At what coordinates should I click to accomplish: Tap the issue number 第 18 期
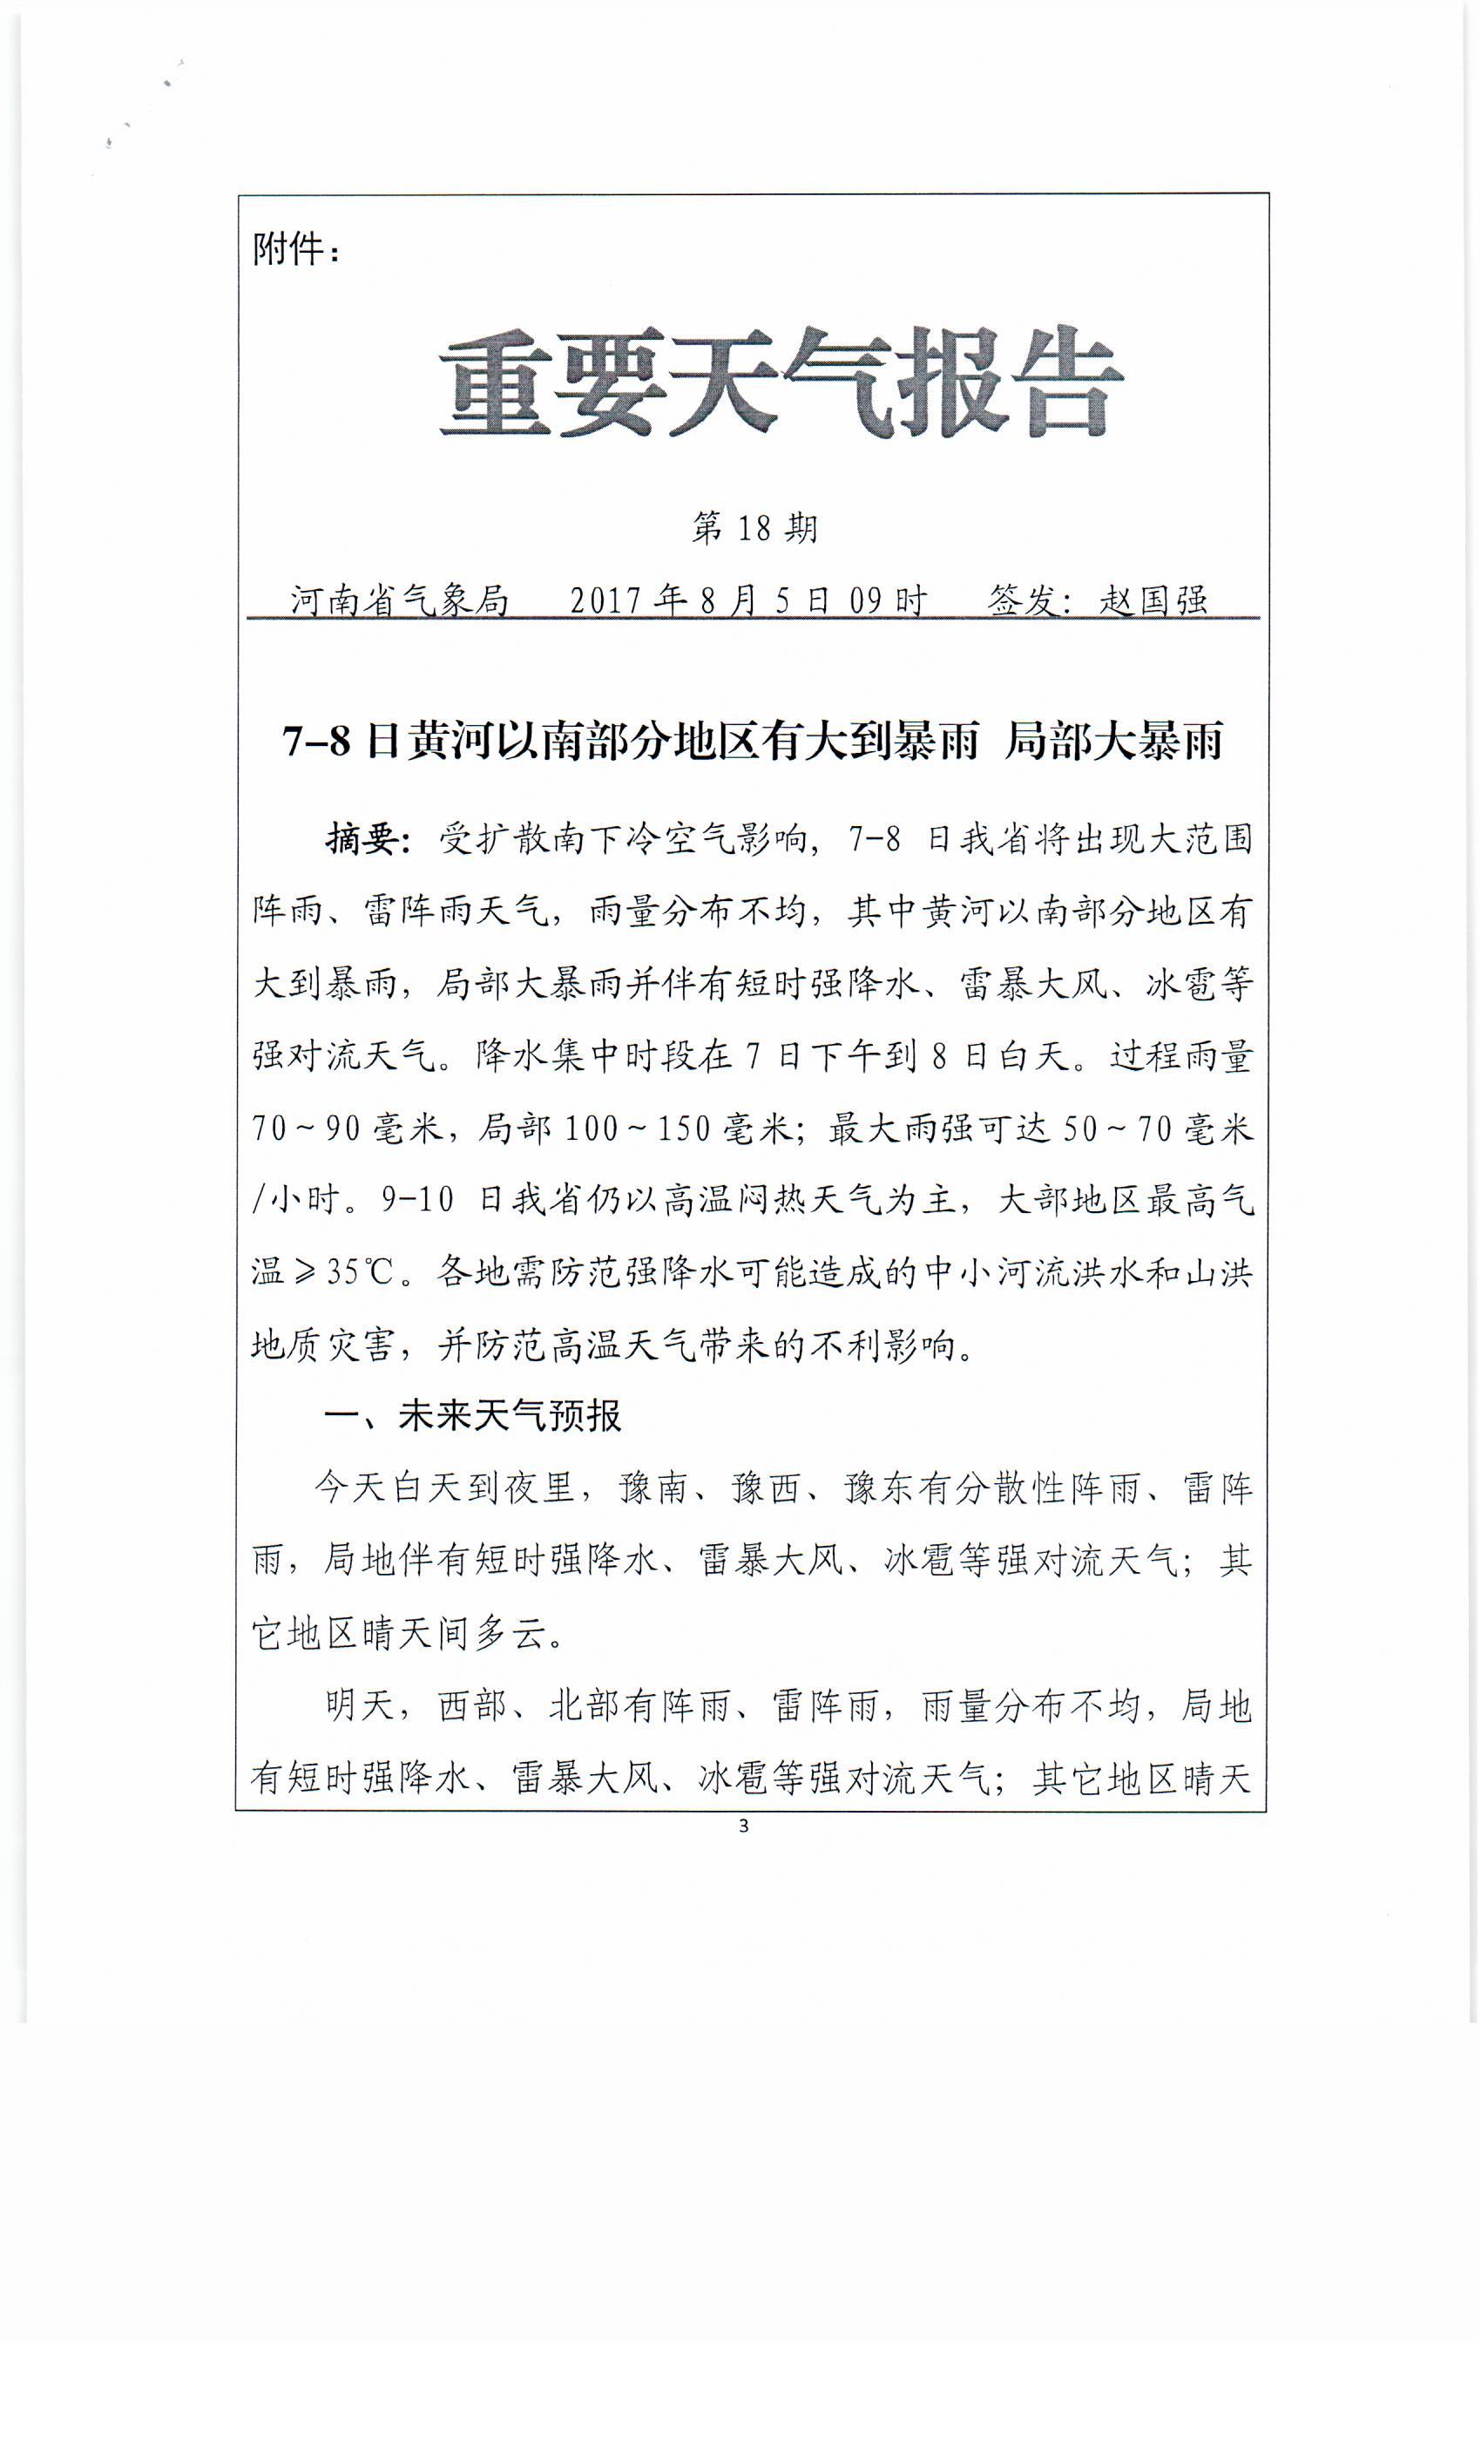pyautogui.click(x=754, y=528)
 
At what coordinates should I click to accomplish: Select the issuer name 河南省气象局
pyautogui.click(x=399, y=600)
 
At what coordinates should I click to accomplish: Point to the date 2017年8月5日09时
pyautogui.click(x=748, y=600)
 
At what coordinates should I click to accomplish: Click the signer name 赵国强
pyautogui.click(x=1153, y=600)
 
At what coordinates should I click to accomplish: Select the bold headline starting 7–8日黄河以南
pyautogui.click(x=753, y=742)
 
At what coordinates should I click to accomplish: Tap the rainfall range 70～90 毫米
pyautogui.click(x=347, y=1128)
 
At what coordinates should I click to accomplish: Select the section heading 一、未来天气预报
pyautogui.click(x=472, y=1416)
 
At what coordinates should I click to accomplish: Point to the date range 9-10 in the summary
pyautogui.click(x=416, y=1200)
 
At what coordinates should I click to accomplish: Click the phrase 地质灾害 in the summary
pyautogui.click(x=321, y=1345)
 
